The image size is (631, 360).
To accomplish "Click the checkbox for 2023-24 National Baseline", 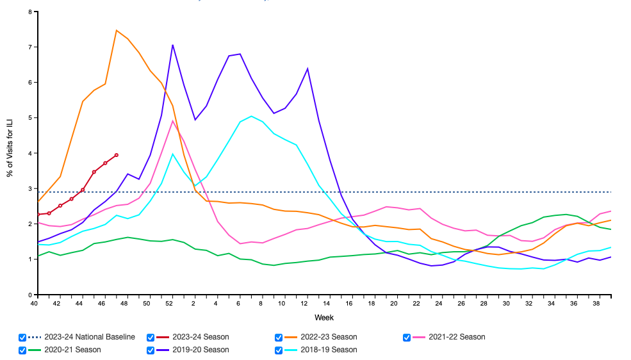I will tap(23, 337).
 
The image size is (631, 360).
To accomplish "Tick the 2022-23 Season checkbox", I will tap(279, 337).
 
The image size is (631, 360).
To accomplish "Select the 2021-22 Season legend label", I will tap(457, 337).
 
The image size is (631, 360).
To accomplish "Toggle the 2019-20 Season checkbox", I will tap(151, 350).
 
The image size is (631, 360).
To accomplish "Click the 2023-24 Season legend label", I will tap(201, 337).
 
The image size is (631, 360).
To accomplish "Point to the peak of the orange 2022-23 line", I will tap(117, 30).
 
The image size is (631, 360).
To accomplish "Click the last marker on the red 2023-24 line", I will tap(117, 155).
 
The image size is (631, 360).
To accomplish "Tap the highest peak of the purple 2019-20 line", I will tap(172, 45).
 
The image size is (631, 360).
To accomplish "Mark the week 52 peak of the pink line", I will tap(172, 121).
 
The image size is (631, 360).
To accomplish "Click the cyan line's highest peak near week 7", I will tap(251, 117).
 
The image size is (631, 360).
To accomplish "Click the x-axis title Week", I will tap(324, 318).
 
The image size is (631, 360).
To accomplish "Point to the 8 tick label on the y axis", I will tap(29, 12).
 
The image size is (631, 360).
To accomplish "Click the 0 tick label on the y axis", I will tap(29, 295).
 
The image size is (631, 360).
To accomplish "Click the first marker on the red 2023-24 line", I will tap(38, 214).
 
